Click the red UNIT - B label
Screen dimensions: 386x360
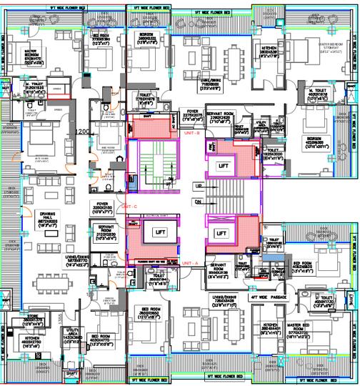coord(191,133)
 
